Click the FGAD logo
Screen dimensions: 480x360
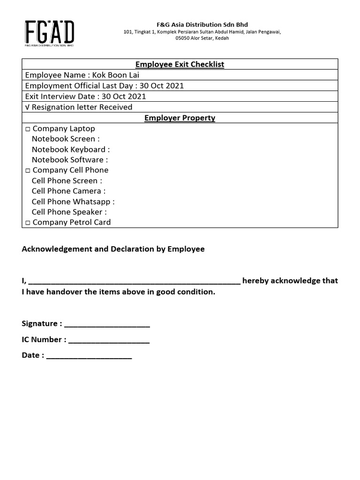pyautogui.click(x=49, y=33)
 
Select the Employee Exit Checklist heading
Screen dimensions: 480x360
pyautogui.click(x=180, y=64)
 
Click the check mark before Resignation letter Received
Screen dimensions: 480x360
pyautogui.click(x=27, y=107)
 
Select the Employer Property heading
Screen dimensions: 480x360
pyautogui.click(x=180, y=118)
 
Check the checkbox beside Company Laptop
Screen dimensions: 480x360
pyautogui.click(x=28, y=129)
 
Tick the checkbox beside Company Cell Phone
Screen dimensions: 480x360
pyautogui.click(x=28, y=171)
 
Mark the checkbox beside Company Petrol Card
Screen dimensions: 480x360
pyautogui.click(x=28, y=223)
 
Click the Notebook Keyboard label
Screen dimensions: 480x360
pyautogui.click(x=70, y=150)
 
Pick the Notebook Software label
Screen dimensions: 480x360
pyautogui.click(x=69, y=160)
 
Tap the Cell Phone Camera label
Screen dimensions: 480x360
pyautogui.click(x=68, y=191)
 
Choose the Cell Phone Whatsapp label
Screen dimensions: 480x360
pyautogui.click(x=73, y=202)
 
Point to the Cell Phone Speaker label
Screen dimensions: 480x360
pyautogui.click(x=69, y=212)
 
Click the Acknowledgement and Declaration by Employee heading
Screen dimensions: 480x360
pyautogui.click(x=113, y=249)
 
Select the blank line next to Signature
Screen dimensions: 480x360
pyautogui.click(x=107, y=324)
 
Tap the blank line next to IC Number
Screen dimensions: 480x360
pyautogui.click(x=109, y=341)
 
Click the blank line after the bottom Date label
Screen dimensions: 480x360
pyautogui.click(x=89, y=357)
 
